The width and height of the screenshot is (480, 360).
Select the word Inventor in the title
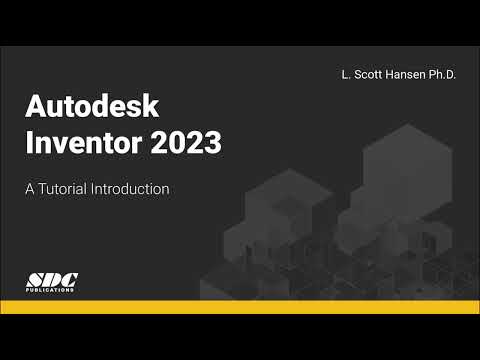(x=80, y=143)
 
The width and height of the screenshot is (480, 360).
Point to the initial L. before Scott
(x=345, y=75)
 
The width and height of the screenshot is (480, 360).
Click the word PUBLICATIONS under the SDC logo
(x=50, y=289)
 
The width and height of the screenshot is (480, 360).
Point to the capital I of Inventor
(x=29, y=143)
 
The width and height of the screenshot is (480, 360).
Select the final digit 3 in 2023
(x=211, y=143)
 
